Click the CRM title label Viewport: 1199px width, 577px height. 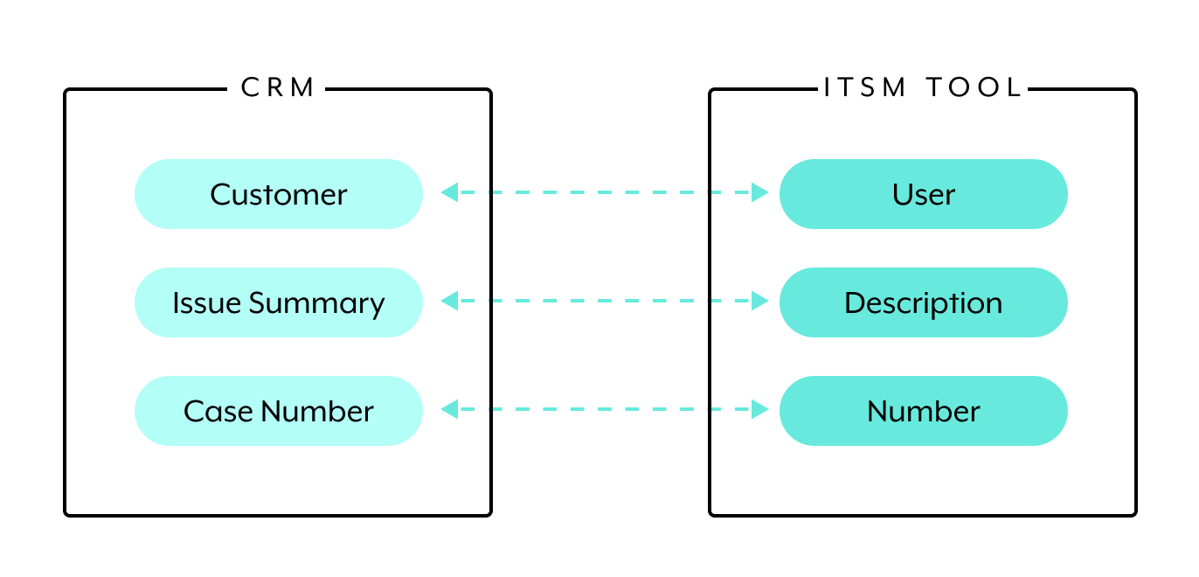point(278,88)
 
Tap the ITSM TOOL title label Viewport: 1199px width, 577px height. point(923,88)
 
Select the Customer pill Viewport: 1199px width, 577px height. point(278,194)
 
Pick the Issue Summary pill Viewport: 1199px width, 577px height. point(278,302)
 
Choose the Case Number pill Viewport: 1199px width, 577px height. point(278,411)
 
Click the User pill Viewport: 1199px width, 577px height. point(923,194)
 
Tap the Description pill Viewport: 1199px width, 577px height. point(923,302)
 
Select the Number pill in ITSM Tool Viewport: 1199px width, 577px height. point(923,411)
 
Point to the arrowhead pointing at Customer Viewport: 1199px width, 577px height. point(449,193)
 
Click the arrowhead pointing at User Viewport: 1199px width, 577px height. point(760,193)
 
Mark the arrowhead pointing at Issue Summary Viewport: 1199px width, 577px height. point(449,302)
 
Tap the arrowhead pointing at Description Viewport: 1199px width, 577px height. point(760,302)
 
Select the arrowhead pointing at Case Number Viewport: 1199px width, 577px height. point(449,409)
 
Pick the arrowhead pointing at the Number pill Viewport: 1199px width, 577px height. point(760,409)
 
